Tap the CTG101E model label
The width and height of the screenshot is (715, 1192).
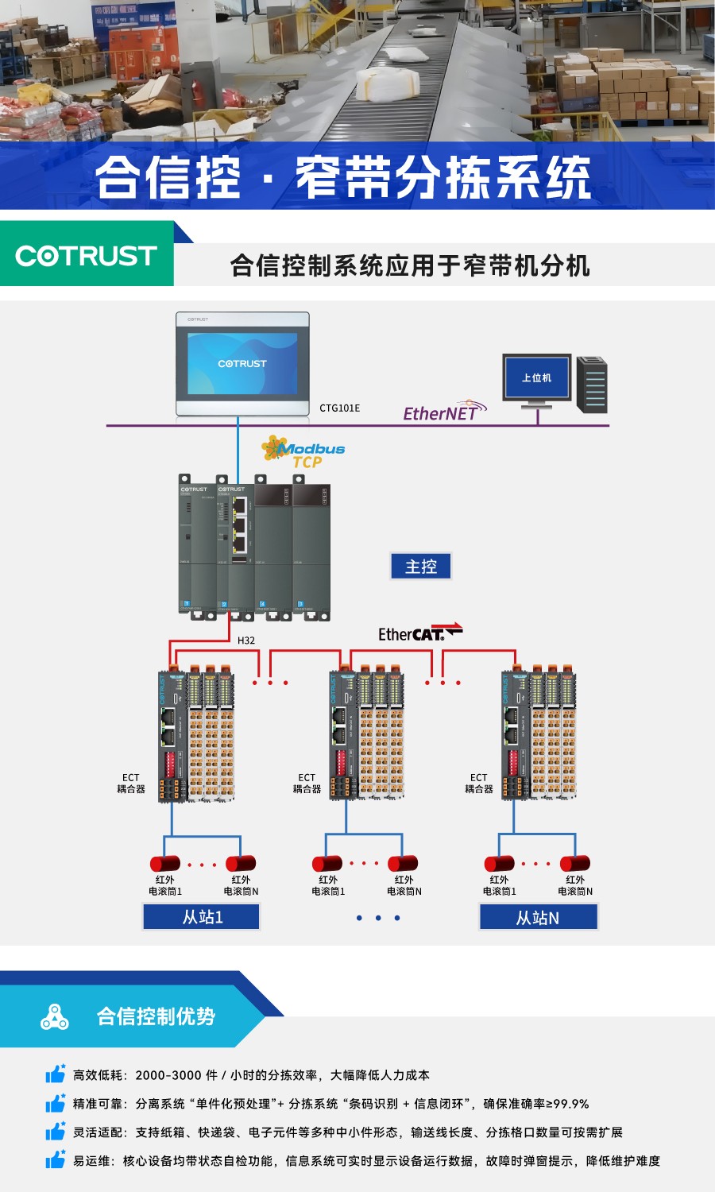(x=339, y=408)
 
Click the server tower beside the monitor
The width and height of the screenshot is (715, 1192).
(x=592, y=385)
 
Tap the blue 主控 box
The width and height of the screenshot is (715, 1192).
(x=421, y=567)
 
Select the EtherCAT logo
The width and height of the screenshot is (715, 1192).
(x=419, y=633)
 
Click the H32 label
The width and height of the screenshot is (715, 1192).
(x=246, y=641)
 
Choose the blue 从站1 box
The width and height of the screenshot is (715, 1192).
(x=202, y=917)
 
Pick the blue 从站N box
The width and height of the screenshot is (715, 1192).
(x=538, y=918)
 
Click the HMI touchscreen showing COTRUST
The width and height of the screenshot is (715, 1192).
(x=242, y=364)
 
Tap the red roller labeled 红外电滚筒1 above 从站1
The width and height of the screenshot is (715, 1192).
(x=164, y=864)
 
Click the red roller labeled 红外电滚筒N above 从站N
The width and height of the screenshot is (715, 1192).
(x=574, y=863)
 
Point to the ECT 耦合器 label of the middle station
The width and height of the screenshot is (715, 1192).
(x=307, y=784)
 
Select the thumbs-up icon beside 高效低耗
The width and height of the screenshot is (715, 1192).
(x=55, y=1074)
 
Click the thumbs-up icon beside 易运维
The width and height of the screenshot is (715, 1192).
(x=55, y=1160)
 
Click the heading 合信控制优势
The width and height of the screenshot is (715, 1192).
(x=156, y=1016)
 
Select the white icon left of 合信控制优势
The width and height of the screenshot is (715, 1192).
(x=54, y=1016)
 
